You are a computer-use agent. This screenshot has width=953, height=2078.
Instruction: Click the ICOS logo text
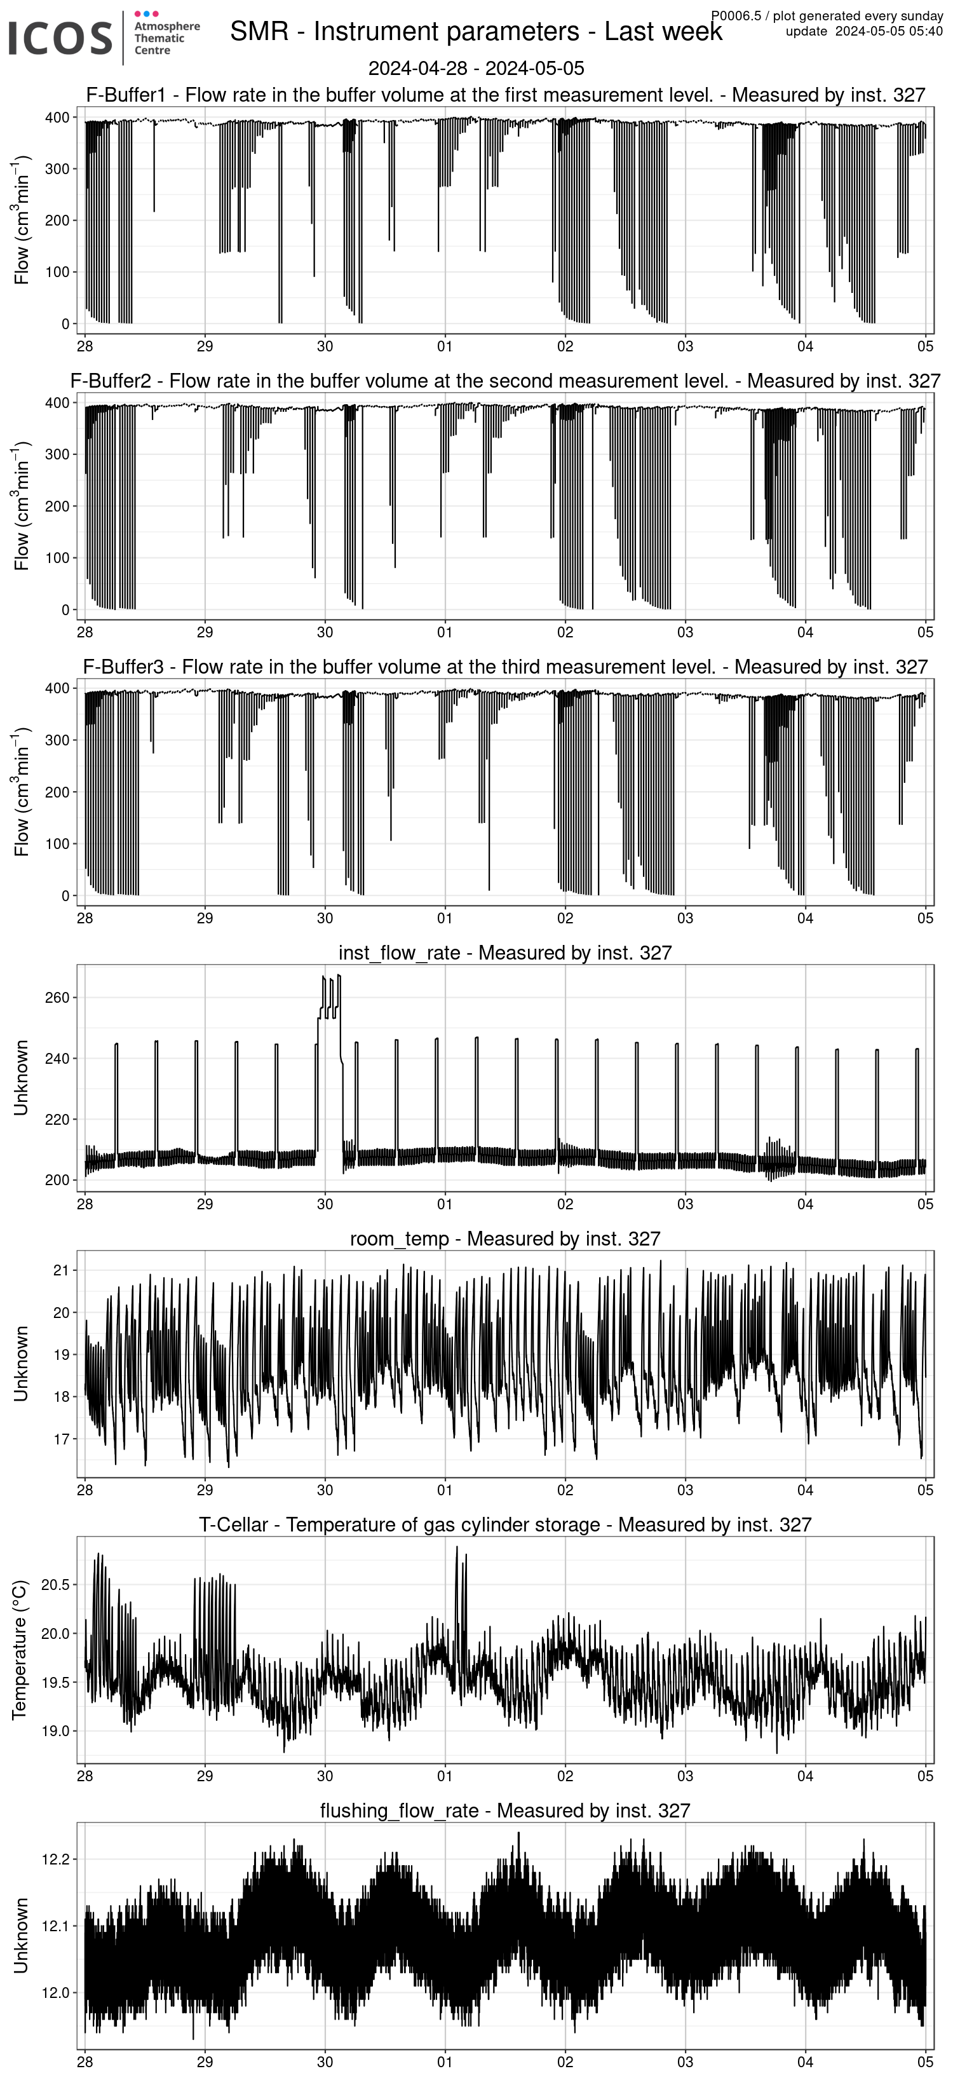click(x=60, y=38)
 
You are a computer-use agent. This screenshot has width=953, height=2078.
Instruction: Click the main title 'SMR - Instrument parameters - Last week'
click(x=476, y=32)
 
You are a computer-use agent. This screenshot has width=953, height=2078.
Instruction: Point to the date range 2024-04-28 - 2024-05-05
click(x=476, y=69)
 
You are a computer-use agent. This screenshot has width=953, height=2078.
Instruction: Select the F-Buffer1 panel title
click(x=506, y=95)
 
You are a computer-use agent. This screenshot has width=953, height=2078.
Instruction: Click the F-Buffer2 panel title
click(x=506, y=381)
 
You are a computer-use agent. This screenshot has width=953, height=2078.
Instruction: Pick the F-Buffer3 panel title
click(x=506, y=667)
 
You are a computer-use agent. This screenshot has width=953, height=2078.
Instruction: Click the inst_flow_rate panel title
click(x=506, y=953)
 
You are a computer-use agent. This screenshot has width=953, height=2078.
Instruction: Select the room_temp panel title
click(x=506, y=1239)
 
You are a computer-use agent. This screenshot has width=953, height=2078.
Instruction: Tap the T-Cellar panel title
click(x=506, y=1525)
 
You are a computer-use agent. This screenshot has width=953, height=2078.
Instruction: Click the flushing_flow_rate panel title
click(x=506, y=1811)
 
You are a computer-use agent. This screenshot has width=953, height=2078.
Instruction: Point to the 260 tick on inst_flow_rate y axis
click(x=58, y=998)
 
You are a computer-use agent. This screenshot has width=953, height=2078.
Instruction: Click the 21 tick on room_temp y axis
click(x=61, y=1270)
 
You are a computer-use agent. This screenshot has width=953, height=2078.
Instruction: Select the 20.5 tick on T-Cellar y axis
click(x=55, y=1584)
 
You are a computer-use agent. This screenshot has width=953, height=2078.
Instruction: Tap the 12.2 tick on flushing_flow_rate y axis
click(x=55, y=1859)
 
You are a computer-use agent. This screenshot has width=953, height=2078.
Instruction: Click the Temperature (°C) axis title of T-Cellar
click(x=20, y=1650)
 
